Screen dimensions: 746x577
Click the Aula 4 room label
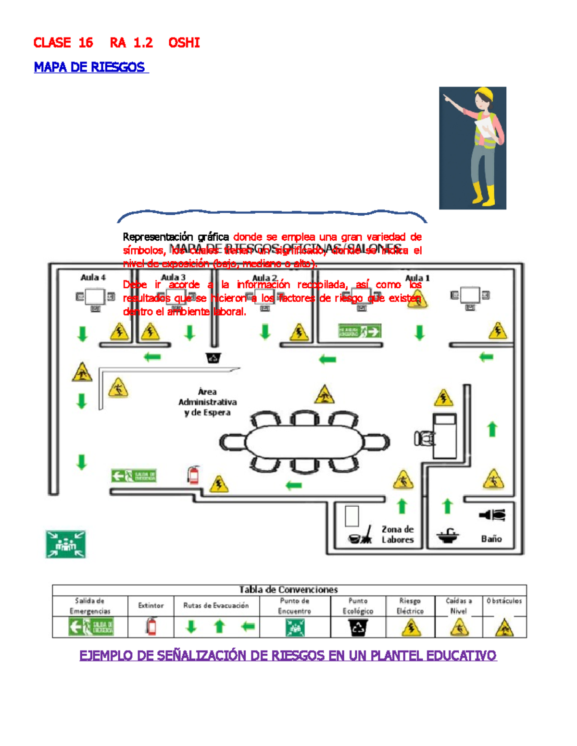click(x=93, y=278)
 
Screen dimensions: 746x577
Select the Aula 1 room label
click(x=417, y=278)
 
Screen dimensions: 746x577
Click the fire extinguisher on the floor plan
click(x=193, y=475)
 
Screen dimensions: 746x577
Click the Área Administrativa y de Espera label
click(x=207, y=402)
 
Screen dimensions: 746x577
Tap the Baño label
click(x=491, y=539)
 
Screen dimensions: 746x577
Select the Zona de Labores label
click(x=398, y=534)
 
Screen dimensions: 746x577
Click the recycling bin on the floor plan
click(x=213, y=358)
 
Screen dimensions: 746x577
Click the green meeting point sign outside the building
click(x=65, y=544)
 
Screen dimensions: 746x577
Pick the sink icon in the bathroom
click(x=448, y=536)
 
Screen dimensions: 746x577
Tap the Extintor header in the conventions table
click(x=151, y=606)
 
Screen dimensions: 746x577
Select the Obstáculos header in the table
click(x=504, y=601)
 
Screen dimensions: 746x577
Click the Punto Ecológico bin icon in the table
click(x=358, y=627)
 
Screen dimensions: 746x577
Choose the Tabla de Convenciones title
click(x=288, y=590)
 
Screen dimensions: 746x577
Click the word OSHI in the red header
click(x=184, y=43)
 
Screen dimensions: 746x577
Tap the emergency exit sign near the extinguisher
click(x=134, y=476)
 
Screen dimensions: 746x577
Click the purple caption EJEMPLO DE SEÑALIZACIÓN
click(x=288, y=656)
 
